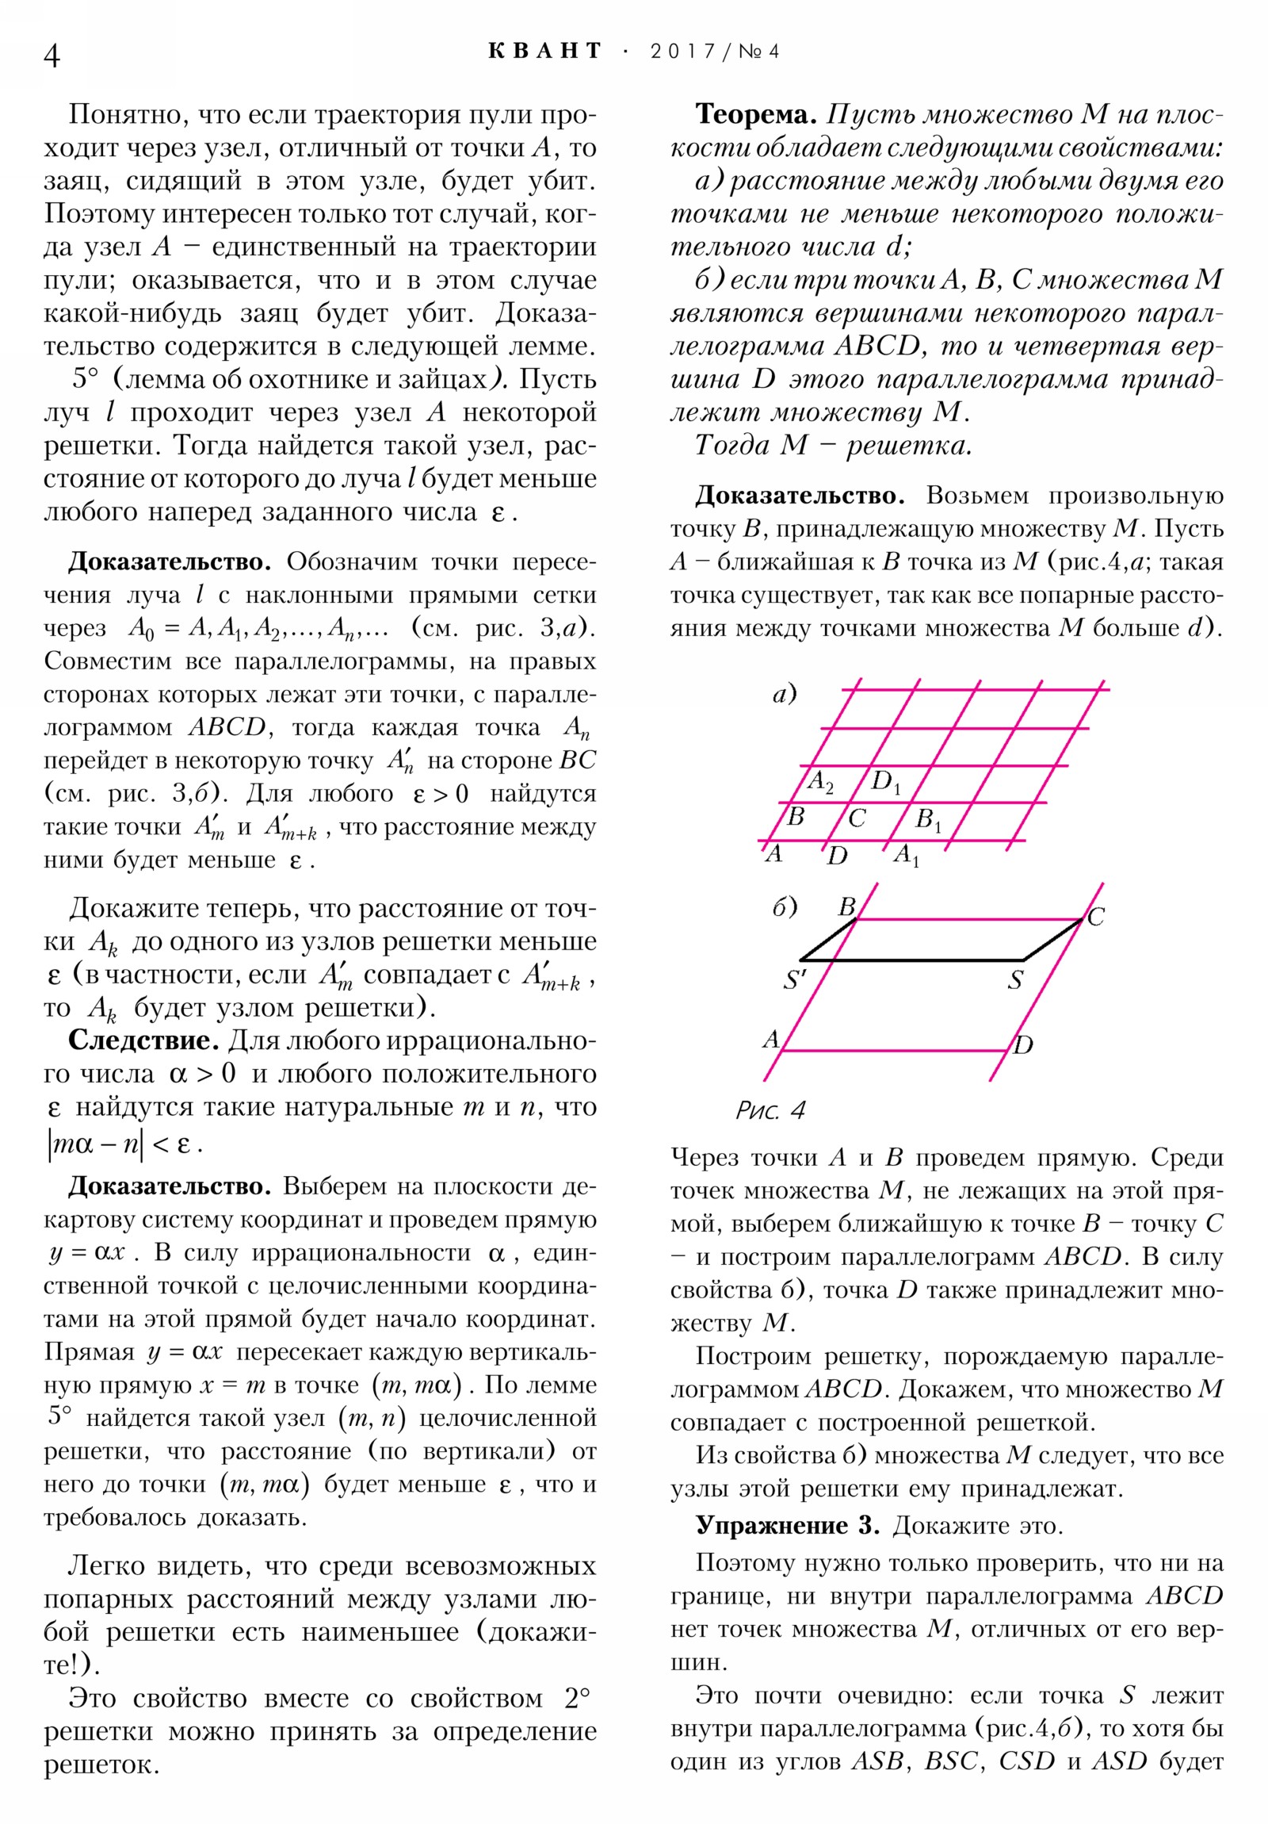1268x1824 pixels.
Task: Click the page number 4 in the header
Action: (52, 56)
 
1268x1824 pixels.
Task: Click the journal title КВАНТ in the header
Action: (544, 52)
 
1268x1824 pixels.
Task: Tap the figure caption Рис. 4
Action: (770, 1109)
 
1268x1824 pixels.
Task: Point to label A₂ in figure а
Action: (820, 782)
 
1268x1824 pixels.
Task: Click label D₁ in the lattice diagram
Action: (885, 782)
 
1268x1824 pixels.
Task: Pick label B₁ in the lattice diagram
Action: (927, 819)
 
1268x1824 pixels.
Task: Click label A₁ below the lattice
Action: (906, 856)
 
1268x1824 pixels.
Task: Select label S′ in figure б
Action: (794, 980)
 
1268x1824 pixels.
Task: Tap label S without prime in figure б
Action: (1015, 980)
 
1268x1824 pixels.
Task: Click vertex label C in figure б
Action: (1095, 917)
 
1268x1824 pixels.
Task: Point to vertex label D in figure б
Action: (1023, 1044)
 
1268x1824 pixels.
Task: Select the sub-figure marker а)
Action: (785, 695)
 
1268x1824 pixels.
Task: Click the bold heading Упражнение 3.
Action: (787, 1525)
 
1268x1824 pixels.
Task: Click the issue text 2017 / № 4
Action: (714, 52)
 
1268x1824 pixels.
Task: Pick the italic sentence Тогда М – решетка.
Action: (833, 445)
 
